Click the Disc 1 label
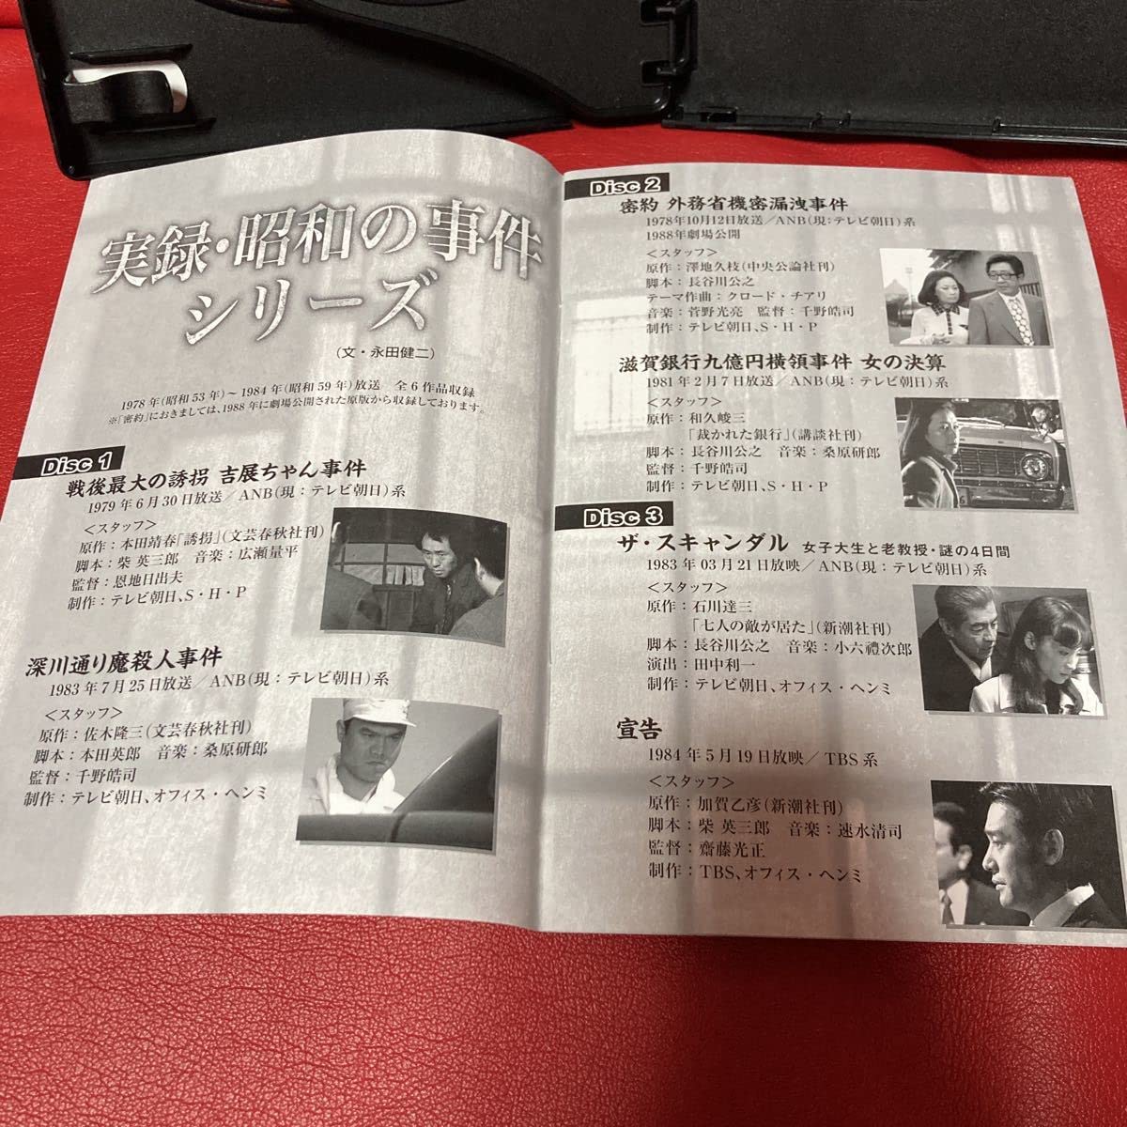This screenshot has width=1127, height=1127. [77, 464]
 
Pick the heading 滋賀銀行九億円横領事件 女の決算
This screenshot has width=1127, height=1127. [782, 362]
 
